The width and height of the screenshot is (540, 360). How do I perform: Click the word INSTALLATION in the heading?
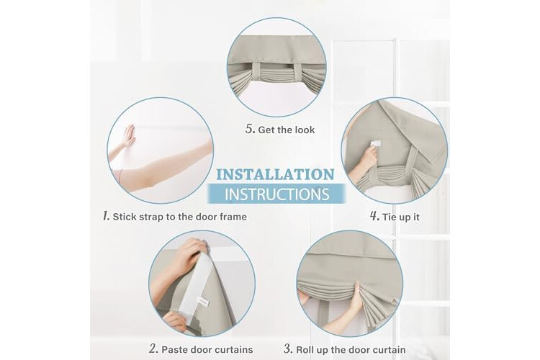coord(276,175)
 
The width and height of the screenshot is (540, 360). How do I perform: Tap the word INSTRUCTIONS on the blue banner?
coord(277,194)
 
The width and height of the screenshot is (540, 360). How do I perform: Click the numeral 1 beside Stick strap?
coord(106,216)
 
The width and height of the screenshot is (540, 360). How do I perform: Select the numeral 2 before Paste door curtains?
coord(153,349)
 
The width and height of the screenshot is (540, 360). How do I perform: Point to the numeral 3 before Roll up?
coord(288,349)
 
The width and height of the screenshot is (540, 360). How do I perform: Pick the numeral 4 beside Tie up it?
coord(374,216)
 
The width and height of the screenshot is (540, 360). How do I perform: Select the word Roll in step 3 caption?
coord(305,350)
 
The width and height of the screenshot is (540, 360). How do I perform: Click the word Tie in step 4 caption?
coord(389,217)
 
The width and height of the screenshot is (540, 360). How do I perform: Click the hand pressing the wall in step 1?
coord(129,135)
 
